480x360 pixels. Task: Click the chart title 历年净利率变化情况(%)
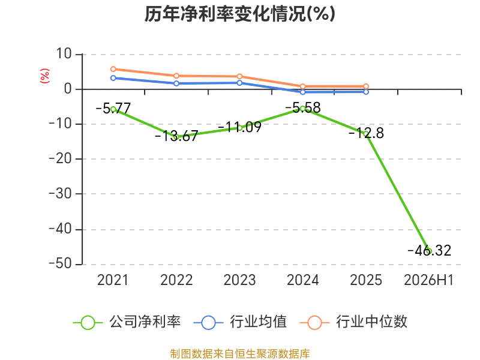239,14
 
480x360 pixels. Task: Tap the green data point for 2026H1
429,251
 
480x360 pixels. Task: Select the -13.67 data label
176,136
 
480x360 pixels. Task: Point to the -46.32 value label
430,250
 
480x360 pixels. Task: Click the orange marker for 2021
113,69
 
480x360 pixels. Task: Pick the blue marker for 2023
239,83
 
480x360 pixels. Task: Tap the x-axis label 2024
303,280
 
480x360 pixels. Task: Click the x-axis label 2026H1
428,280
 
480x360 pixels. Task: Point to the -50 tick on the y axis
60,264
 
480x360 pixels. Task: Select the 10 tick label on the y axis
64,54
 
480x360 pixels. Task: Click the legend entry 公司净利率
127,322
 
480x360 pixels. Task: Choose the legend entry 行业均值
241,322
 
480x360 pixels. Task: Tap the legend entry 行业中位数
353,322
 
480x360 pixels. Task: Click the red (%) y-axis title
44,76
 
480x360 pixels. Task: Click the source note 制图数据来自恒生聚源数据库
240,354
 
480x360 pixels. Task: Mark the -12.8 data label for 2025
366,133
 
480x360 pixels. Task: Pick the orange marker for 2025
366,86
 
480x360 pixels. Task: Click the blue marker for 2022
176,83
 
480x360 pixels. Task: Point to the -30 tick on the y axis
60,194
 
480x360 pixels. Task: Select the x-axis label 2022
176,280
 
